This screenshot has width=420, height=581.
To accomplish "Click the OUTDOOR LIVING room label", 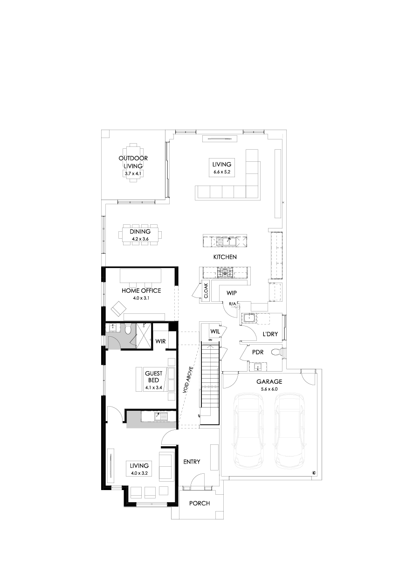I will click(133, 162).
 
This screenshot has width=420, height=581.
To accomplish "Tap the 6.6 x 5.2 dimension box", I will click(222, 172).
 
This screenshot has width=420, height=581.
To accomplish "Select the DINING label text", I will click(140, 231).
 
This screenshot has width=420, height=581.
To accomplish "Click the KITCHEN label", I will click(225, 257).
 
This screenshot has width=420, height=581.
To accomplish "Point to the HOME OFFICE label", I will click(141, 290).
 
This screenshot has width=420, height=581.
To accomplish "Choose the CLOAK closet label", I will click(206, 291).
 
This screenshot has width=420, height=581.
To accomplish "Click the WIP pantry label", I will click(232, 293).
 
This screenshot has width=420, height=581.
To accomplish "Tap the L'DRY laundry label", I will click(270, 334).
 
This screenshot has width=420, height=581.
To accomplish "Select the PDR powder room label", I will click(258, 352).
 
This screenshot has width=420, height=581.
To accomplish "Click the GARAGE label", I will click(269, 381).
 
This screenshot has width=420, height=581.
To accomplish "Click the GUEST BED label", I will click(153, 377).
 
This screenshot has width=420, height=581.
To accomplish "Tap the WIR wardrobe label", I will click(160, 341).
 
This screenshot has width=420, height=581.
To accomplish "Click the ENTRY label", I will click(192, 462).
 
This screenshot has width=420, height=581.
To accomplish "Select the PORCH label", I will click(200, 504).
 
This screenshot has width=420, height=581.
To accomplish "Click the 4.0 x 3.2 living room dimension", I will click(139, 473).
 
